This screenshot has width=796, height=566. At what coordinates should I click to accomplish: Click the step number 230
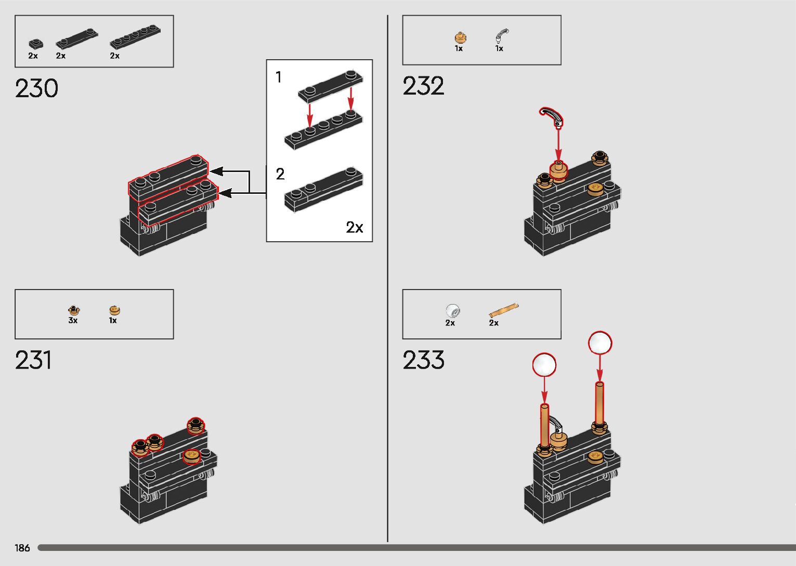pos(36,88)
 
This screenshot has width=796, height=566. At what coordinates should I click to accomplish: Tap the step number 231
pos(33,360)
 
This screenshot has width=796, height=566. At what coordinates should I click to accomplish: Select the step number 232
pos(423,86)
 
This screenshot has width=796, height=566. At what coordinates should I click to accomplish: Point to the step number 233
pos(423,360)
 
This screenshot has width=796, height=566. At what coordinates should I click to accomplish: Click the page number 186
pos(22,548)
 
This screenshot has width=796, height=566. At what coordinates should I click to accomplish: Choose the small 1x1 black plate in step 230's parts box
pos(35,44)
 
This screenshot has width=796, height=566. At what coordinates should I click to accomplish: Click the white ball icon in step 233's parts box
pos(453,311)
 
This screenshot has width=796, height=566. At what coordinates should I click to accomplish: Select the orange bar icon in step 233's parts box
pos(503,311)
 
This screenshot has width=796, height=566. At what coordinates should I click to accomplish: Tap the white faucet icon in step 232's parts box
pos(502,35)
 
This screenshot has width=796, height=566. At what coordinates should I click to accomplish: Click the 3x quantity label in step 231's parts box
pos(73,321)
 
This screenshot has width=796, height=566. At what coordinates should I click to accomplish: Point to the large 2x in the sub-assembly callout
pos(355,227)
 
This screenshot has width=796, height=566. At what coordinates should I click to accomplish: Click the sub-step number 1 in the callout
pos(279,77)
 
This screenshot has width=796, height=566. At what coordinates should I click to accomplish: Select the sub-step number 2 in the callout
pos(280,174)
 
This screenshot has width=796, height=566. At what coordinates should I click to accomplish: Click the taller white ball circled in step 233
pos(600,343)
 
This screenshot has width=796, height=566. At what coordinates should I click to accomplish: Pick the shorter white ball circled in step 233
pos(544,364)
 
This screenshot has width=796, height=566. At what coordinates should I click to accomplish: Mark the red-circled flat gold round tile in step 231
pos(191,455)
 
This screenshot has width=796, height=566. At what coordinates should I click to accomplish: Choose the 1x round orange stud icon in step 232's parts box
pos(460,37)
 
